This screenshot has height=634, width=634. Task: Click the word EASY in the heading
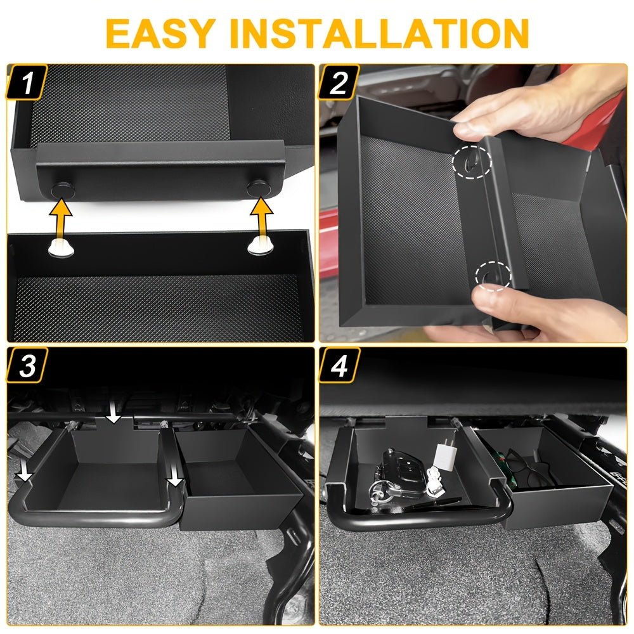click(x=160, y=33)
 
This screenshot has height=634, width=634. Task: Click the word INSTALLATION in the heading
click(x=379, y=33)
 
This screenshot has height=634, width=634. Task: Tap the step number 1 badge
click(x=27, y=82)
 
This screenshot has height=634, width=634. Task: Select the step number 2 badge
click(x=339, y=82)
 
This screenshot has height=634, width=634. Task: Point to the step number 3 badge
click(x=27, y=365)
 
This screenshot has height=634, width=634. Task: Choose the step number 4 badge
click(x=339, y=365)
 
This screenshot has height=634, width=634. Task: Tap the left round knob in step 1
click(x=63, y=190)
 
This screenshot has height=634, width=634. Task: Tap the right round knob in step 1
click(x=259, y=188)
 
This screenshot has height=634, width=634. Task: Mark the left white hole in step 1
click(x=61, y=247)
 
